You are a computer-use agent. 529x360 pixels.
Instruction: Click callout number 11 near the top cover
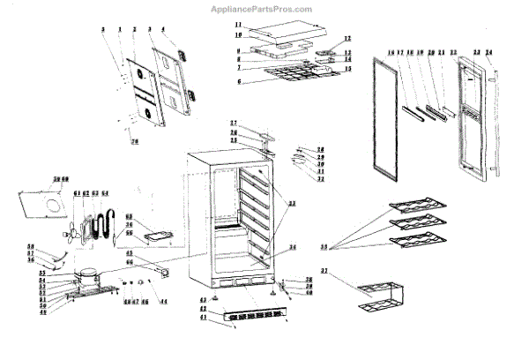pyautogui.click(x=239, y=26)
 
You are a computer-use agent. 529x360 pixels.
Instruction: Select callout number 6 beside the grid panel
pyautogui.click(x=239, y=81)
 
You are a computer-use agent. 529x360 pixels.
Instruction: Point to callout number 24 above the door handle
pyautogui.click(x=489, y=52)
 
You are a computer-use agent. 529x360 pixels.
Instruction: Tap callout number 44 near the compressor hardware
pyautogui.click(x=161, y=303)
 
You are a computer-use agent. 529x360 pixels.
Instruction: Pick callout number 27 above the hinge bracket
pyautogui.click(x=234, y=122)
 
